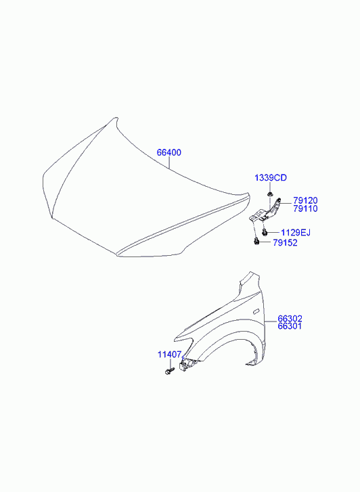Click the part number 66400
tap(169, 152)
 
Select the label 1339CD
tap(271, 178)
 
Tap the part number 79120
tap(305, 200)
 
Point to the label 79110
tap(305, 208)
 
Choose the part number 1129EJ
tap(296, 233)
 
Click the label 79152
tap(285, 242)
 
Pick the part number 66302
tap(290, 319)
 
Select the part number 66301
tap(290, 326)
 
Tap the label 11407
tap(169, 355)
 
